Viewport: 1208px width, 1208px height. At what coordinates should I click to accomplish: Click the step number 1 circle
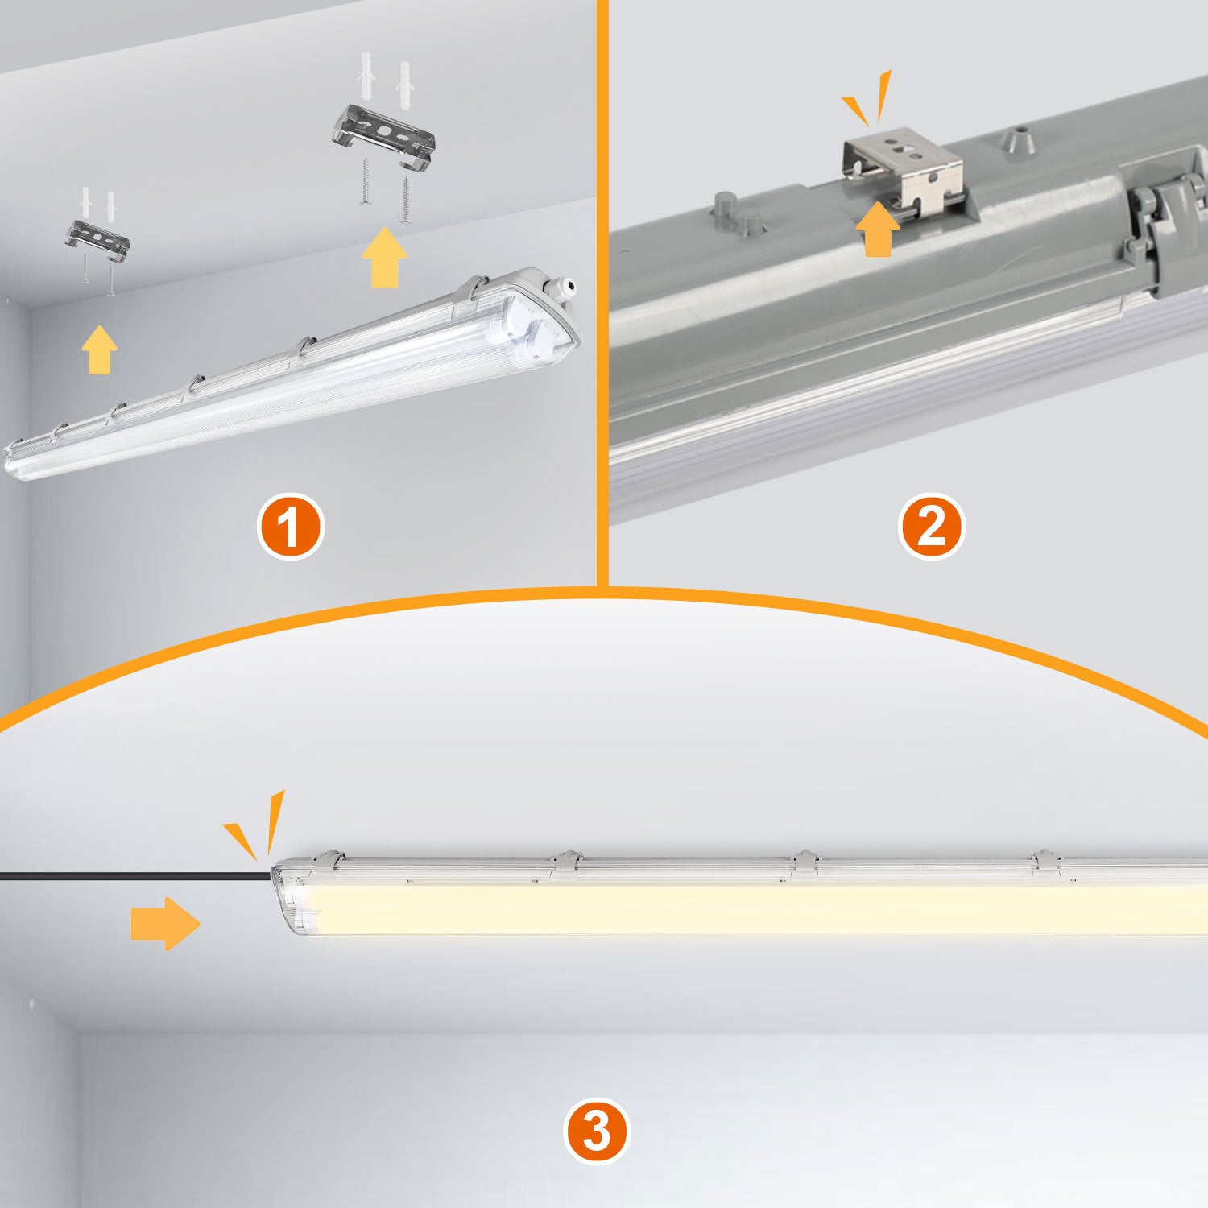[x=290, y=527]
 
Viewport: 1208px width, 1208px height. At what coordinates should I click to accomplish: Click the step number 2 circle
[x=930, y=527]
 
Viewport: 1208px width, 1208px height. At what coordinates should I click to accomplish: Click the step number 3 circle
[x=595, y=1131]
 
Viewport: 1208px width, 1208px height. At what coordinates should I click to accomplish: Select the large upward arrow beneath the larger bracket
[x=384, y=257]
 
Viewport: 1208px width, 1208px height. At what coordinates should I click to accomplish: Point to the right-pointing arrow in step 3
[x=165, y=923]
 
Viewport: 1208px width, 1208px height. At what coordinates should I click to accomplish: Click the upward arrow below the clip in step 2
[x=877, y=230]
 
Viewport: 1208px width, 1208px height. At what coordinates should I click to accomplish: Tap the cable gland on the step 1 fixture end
[x=566, y=286]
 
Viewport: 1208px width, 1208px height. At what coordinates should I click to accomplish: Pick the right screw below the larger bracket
[x=406, y=199]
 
